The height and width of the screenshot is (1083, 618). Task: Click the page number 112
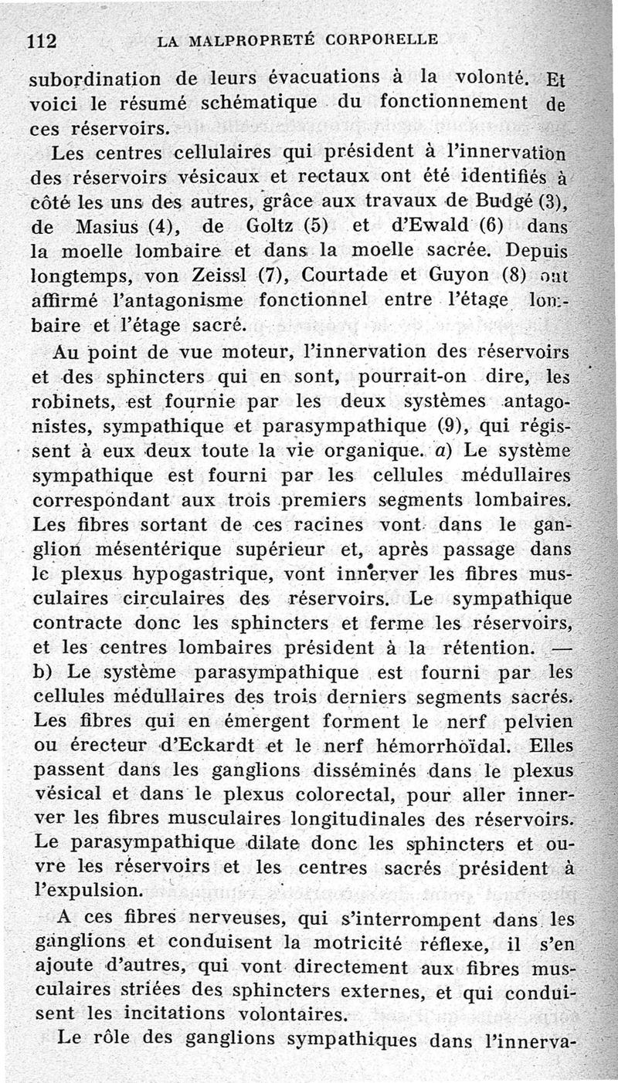[44, 41]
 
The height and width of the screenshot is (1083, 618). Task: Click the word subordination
[95, 80]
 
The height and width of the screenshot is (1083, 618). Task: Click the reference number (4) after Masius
[165, 228]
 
